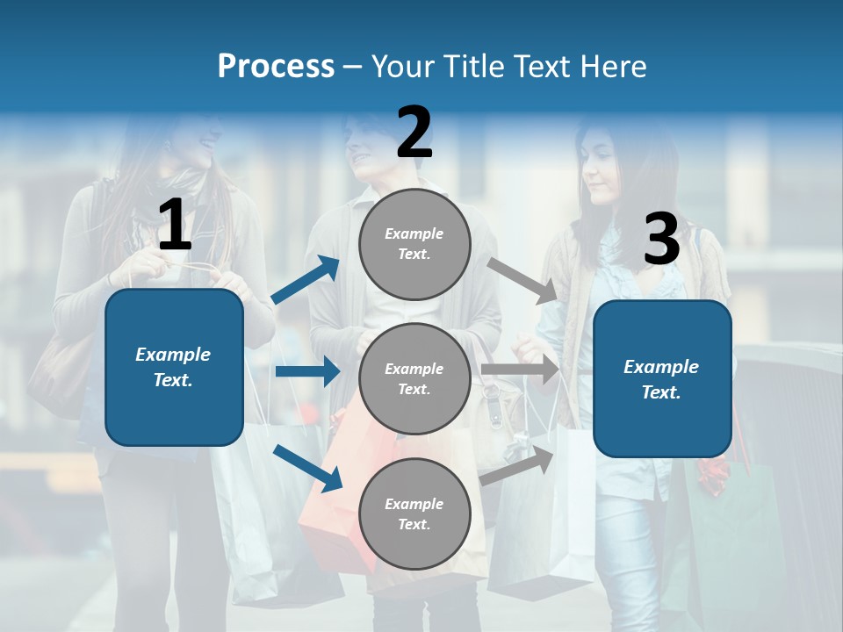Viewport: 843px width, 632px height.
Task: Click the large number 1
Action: pyautogui.click(x=175, y=226)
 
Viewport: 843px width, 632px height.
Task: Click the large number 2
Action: pyautogui.click(x=414, y=133)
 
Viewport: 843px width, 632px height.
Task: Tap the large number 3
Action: pyautogui.click(x=661, y=239)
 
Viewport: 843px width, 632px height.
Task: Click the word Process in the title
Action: pyautogui.click(x=276, y=66)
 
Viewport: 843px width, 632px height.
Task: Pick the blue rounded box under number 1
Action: pyautogui.click(x=174, y=367)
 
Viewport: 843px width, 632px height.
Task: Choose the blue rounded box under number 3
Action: pyautogui.click(x=662, y=379)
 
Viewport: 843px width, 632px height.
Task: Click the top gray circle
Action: pyautogui.click(x=414, y=243)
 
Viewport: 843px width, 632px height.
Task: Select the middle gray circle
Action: pyautogui.click(x=414, y=378)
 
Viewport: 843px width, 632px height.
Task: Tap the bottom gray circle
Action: pyautogui.click(x=414, y=513)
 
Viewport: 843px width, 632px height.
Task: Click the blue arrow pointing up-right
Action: pyautogui.click(x=306, y=280)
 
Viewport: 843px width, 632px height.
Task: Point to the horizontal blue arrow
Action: pyautogui.click(x=307, y=371)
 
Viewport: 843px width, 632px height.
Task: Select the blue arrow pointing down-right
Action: pyautogui.click(x=307, y=467)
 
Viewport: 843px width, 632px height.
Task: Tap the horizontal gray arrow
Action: pyautogui.click(x=520, y=370)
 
